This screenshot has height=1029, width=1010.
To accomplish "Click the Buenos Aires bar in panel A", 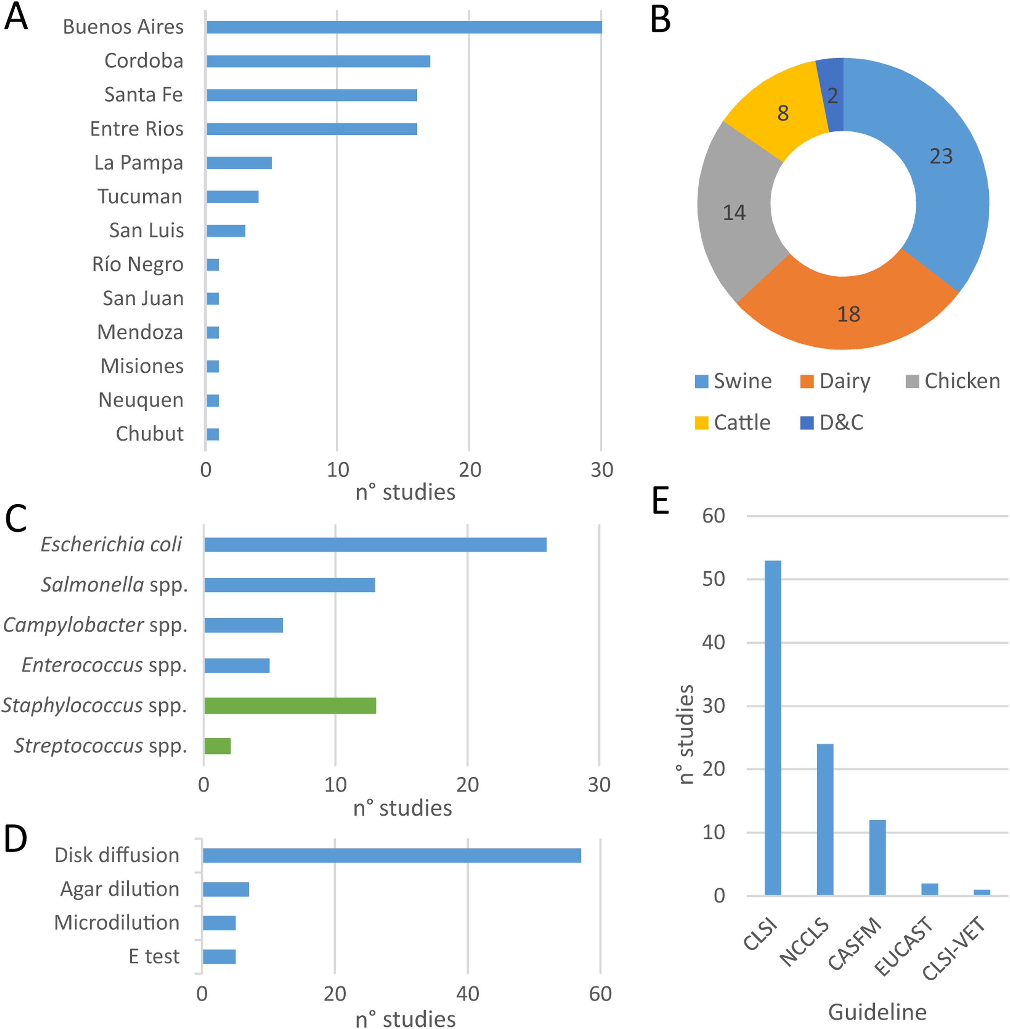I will point(404,27).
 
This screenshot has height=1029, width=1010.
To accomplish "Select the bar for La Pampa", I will point(239,163).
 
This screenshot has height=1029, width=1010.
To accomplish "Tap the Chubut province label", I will point(150,434).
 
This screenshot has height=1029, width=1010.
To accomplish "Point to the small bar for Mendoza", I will point(213,333).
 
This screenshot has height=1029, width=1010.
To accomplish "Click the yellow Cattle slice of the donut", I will point(775,112).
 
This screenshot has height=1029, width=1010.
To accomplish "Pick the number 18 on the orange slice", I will point(848,314).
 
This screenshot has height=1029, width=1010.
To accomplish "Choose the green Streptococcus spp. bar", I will point(218,746).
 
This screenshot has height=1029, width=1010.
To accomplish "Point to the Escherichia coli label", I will point(112,544).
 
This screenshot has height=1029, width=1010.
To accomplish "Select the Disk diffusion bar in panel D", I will point(392,856).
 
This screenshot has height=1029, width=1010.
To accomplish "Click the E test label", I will point(154,956).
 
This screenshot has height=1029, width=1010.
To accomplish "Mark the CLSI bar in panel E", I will point(773,728).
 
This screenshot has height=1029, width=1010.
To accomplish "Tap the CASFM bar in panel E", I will point(877,858).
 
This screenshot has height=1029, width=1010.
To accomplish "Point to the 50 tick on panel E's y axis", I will point(713,579).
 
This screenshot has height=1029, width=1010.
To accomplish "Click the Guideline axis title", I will point(877,1012).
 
